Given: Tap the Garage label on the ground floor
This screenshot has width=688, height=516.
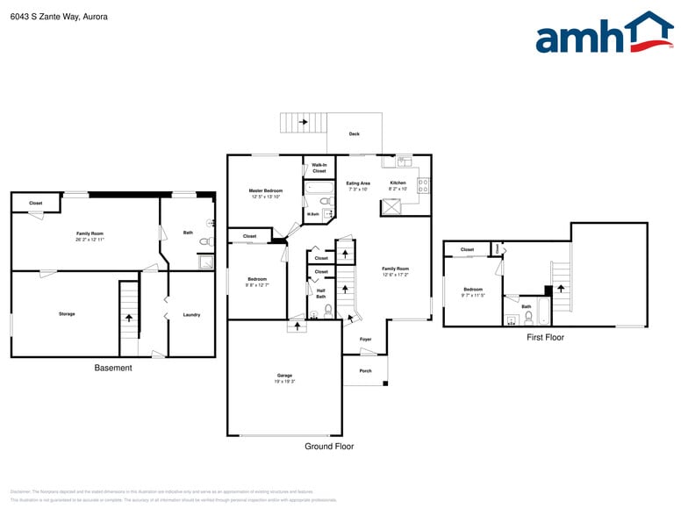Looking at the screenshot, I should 284,376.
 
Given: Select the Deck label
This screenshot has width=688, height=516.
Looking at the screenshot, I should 355,134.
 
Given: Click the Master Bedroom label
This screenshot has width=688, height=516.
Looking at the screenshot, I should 265,190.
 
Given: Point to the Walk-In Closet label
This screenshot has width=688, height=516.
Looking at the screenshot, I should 319,168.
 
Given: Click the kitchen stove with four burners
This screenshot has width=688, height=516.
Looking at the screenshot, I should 423,185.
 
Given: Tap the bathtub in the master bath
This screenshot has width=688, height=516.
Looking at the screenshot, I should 319,187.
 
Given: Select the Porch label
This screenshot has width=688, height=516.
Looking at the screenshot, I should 365,371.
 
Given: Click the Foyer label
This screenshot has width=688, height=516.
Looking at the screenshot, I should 365,340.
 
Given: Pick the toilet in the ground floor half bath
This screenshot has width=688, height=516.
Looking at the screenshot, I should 328,310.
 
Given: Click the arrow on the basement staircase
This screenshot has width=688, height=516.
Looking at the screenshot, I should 130,319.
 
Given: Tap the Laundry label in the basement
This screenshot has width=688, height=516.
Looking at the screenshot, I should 191,314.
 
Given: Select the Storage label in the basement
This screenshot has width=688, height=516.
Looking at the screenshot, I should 67,313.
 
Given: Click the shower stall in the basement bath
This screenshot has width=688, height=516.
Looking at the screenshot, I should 206,261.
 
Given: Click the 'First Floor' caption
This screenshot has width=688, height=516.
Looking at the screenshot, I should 545,337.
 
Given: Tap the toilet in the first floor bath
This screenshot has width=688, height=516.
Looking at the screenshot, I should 528,318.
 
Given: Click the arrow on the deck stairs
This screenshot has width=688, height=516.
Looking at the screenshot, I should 303,122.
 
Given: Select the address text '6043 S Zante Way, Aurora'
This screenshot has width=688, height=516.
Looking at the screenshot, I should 59,16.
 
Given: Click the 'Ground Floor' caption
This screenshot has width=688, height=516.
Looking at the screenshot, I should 330,447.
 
